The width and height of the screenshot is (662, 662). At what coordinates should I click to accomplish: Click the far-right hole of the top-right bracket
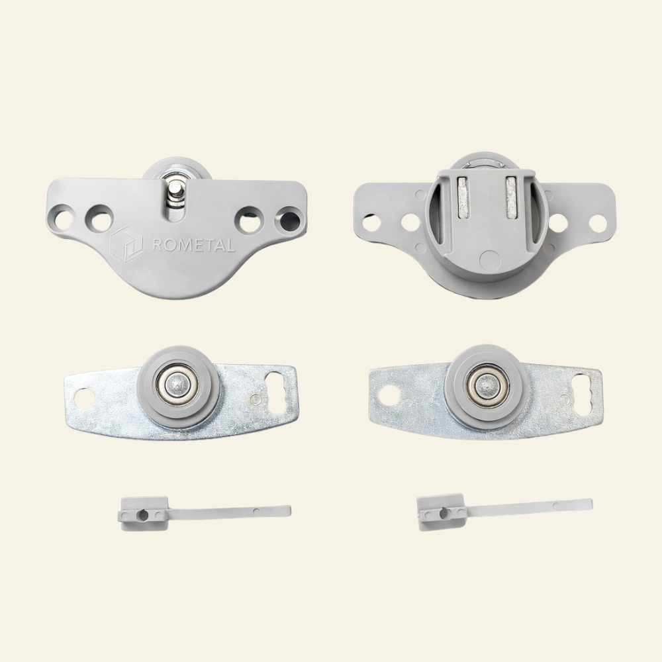(598, 223)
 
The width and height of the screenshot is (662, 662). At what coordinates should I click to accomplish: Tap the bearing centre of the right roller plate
(487, 384)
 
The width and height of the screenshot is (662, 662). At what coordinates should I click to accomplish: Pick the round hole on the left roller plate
(83, 397)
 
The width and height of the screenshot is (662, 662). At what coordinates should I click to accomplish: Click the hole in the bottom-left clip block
(142, 514)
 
